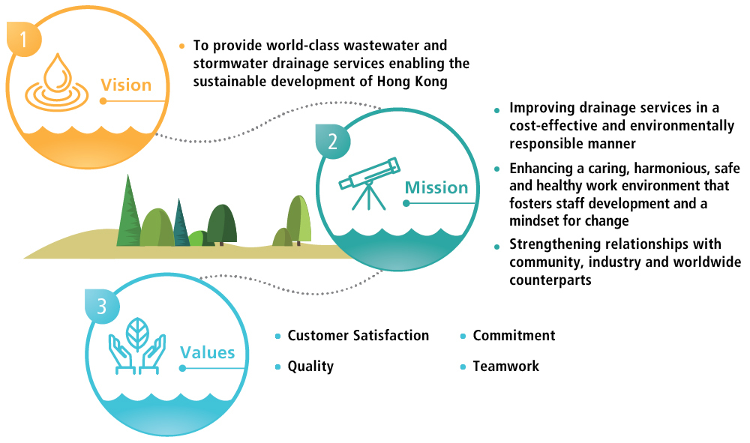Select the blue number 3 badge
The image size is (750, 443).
102,305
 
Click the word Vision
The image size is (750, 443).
126,85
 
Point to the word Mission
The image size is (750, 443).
436,187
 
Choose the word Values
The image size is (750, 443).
208,352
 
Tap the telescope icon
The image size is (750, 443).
367,180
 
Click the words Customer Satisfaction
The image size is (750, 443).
358,335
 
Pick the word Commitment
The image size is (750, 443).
514,335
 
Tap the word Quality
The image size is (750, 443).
310,367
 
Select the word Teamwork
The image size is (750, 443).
505,367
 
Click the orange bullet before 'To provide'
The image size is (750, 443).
181,46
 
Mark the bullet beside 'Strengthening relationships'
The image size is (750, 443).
496,246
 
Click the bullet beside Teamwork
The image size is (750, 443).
463,367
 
